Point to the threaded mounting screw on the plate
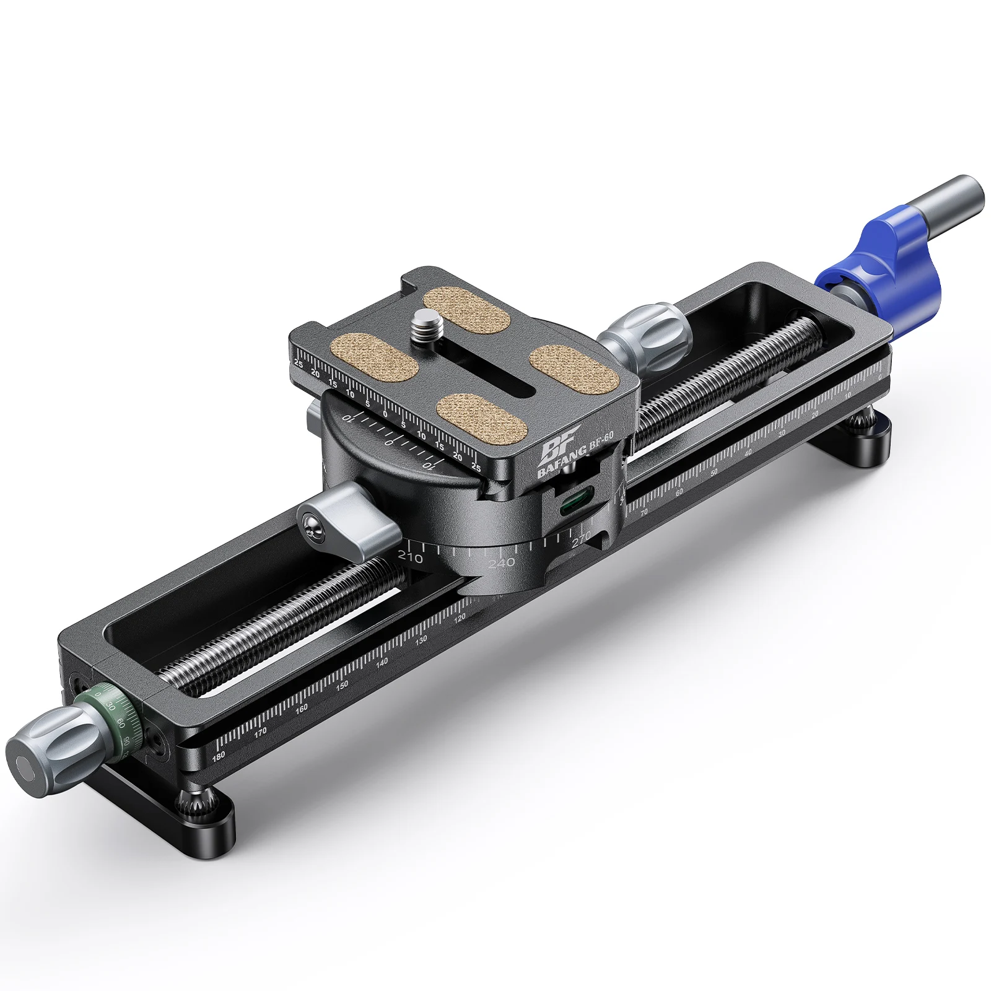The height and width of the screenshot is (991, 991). click(423, 323)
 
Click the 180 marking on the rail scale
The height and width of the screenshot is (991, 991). click(219, 757)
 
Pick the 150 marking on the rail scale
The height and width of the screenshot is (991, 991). click(342, 686)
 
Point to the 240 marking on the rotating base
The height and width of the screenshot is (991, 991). click(501, 562)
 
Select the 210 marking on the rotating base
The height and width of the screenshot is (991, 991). click(409, 557)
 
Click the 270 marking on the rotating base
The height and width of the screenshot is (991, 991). click(581, 539)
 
